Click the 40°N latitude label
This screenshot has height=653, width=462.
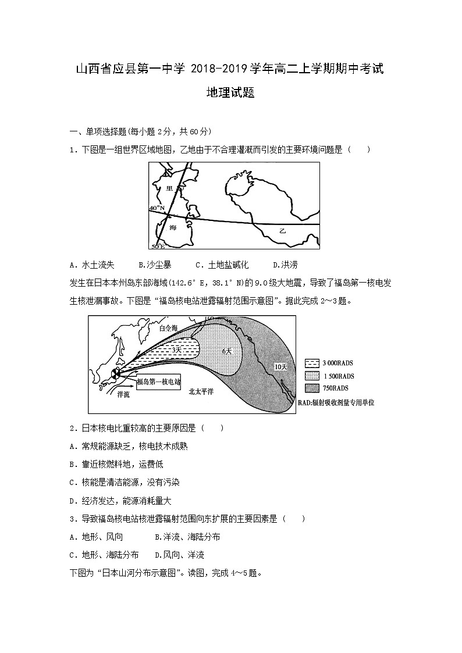[x=157, y=208]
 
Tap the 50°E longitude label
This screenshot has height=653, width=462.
[x=158, y=247]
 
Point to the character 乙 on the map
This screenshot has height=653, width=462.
[x=283, y=231]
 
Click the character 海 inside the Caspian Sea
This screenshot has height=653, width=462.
[x=173, y=228]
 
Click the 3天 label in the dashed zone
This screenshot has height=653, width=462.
[x=177, y=350]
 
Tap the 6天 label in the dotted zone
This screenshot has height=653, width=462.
[x=227, y=351]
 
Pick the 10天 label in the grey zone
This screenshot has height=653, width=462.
[x=280, y=366]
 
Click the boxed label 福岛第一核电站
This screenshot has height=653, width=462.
[x=159, y=383]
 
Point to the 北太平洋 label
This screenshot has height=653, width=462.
[x=201, y=392]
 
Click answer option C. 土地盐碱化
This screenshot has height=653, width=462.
[x=222, y=265]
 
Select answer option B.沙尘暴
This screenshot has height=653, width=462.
[x=155, y=265]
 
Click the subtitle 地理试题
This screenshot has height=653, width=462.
[x=230, y=93]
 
